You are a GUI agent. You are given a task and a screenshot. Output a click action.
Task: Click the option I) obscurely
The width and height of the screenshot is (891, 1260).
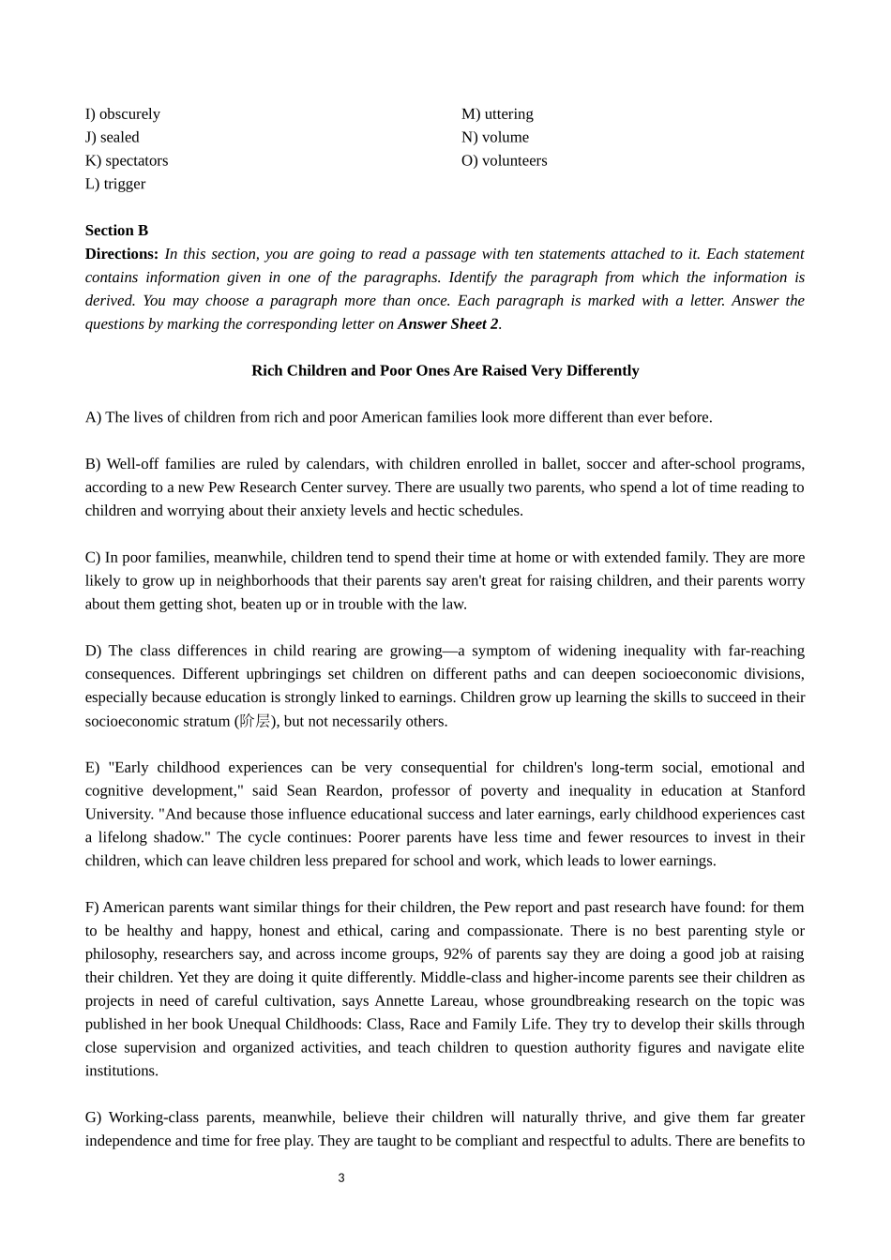coord(123,114)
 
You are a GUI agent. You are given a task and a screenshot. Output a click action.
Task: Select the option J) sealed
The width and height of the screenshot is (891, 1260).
coord(113,138)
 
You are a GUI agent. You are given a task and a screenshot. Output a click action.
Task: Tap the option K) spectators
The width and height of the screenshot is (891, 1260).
coord(127,161)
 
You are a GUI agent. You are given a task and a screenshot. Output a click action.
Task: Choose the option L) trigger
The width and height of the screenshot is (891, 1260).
coord(115,185)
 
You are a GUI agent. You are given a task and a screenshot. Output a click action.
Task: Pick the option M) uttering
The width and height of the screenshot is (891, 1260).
coord(497,114)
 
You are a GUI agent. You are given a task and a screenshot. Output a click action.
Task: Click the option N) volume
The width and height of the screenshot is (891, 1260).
coord(495,138)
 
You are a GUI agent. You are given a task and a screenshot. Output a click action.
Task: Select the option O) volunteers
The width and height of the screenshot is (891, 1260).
coord(504,161)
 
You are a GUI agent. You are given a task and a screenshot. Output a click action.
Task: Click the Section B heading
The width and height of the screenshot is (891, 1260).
coord(116,231)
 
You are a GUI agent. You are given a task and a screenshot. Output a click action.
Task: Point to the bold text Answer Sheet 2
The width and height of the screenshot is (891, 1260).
coord(448,324)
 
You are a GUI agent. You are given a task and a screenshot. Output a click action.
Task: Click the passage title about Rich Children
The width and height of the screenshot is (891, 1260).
coord(445,371)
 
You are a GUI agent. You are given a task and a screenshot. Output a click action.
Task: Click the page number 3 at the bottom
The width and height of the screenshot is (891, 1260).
coord(341,1178)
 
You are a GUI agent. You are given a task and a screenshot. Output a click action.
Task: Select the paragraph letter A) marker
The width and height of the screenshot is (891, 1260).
coord(93,418)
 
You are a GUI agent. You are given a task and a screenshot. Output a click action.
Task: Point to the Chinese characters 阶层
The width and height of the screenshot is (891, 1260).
coord(254,721)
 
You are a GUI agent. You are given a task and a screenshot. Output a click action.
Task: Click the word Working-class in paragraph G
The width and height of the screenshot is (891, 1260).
coord(151,1117)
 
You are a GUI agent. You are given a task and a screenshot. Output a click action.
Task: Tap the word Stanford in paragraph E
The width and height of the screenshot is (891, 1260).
coord(778,791)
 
